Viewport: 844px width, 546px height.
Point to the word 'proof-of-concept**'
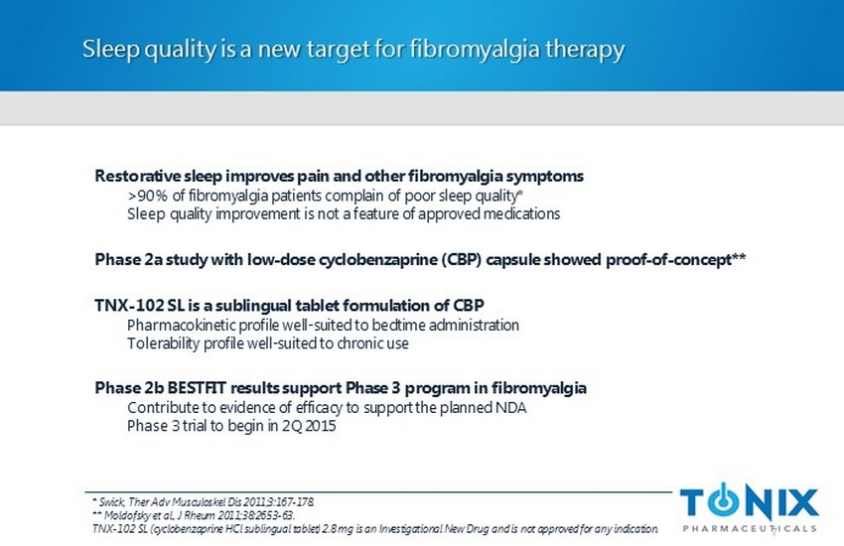[675, 260]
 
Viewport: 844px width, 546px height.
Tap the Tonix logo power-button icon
[725, 500]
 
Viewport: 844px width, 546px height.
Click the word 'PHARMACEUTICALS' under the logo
[750, 528]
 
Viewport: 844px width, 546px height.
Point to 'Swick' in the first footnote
[111, 502]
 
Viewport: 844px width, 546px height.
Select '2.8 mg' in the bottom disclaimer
[338, 529]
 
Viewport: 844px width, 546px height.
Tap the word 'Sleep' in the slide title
[111, 50]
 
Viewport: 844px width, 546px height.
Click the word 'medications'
[521, 214]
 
